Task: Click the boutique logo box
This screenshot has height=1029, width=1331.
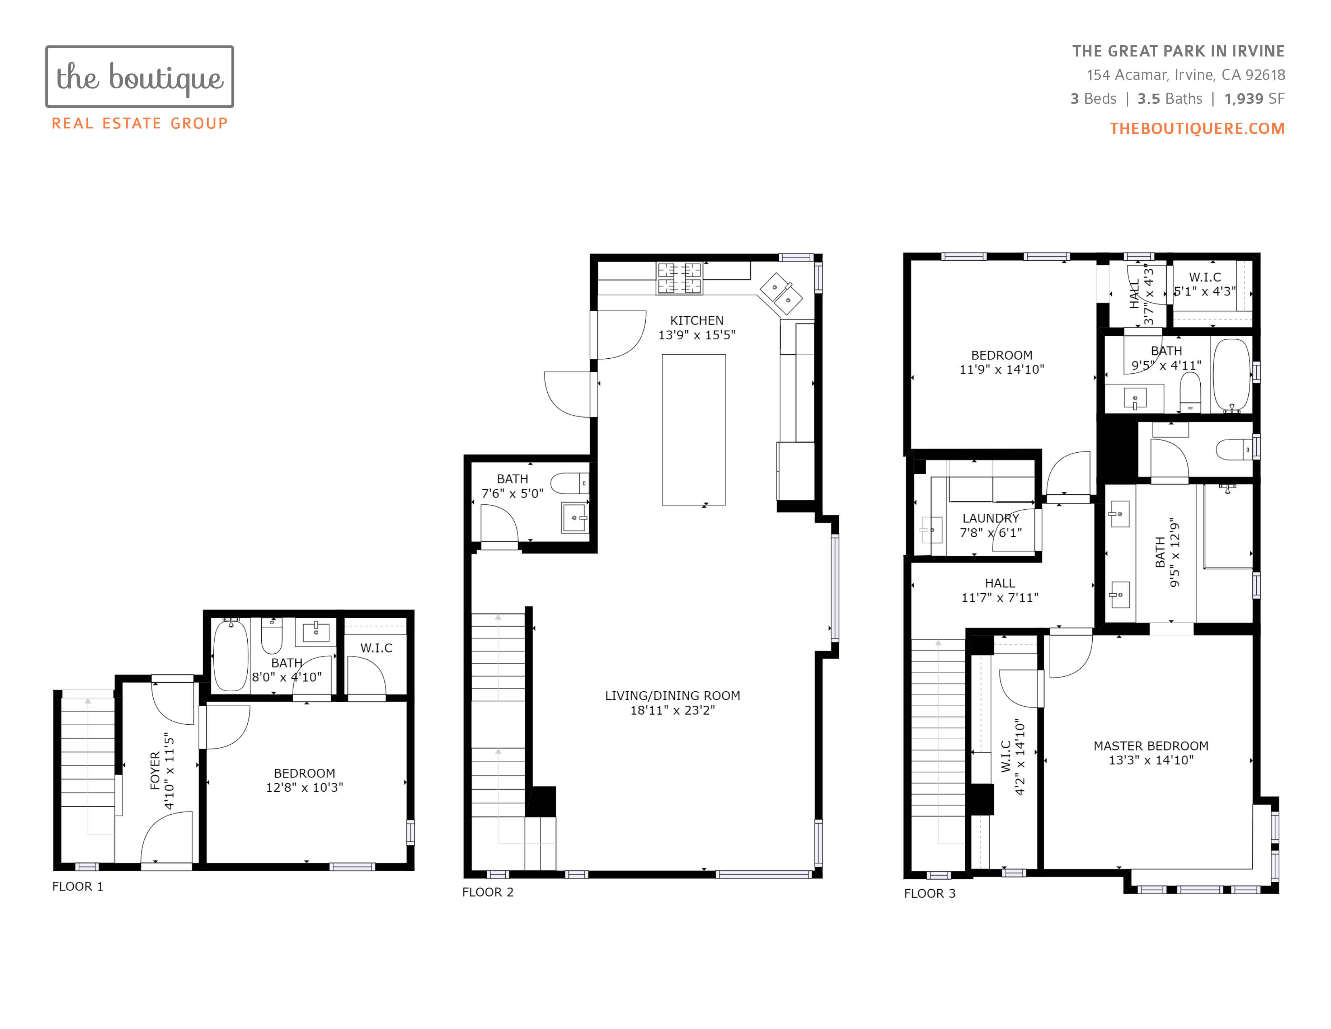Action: coord(140,46)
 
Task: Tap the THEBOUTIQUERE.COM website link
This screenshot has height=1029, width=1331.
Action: coord(1197,129)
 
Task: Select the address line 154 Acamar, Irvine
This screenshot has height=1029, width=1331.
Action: coord(1186,75)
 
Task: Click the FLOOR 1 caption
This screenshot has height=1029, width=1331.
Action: coord(78,887)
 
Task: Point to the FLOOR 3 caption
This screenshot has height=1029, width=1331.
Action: coord(929,894)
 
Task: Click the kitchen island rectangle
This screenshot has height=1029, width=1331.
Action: coord(694,430)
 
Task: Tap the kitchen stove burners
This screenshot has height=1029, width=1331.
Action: coord(679,278)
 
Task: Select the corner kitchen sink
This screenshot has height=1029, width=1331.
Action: coord(781,293)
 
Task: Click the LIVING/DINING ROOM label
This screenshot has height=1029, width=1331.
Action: coord(672,696)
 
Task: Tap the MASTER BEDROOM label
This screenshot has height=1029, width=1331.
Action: coord(1151,746)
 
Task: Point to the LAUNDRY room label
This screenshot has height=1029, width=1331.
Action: coord(990,518)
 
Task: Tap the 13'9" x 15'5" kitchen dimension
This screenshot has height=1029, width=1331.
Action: coord(697,335)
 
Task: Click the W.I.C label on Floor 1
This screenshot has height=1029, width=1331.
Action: coord(376,648)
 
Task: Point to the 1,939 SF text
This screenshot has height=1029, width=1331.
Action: coord(1254,99)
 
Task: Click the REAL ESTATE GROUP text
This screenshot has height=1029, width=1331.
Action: coord(140,124)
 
